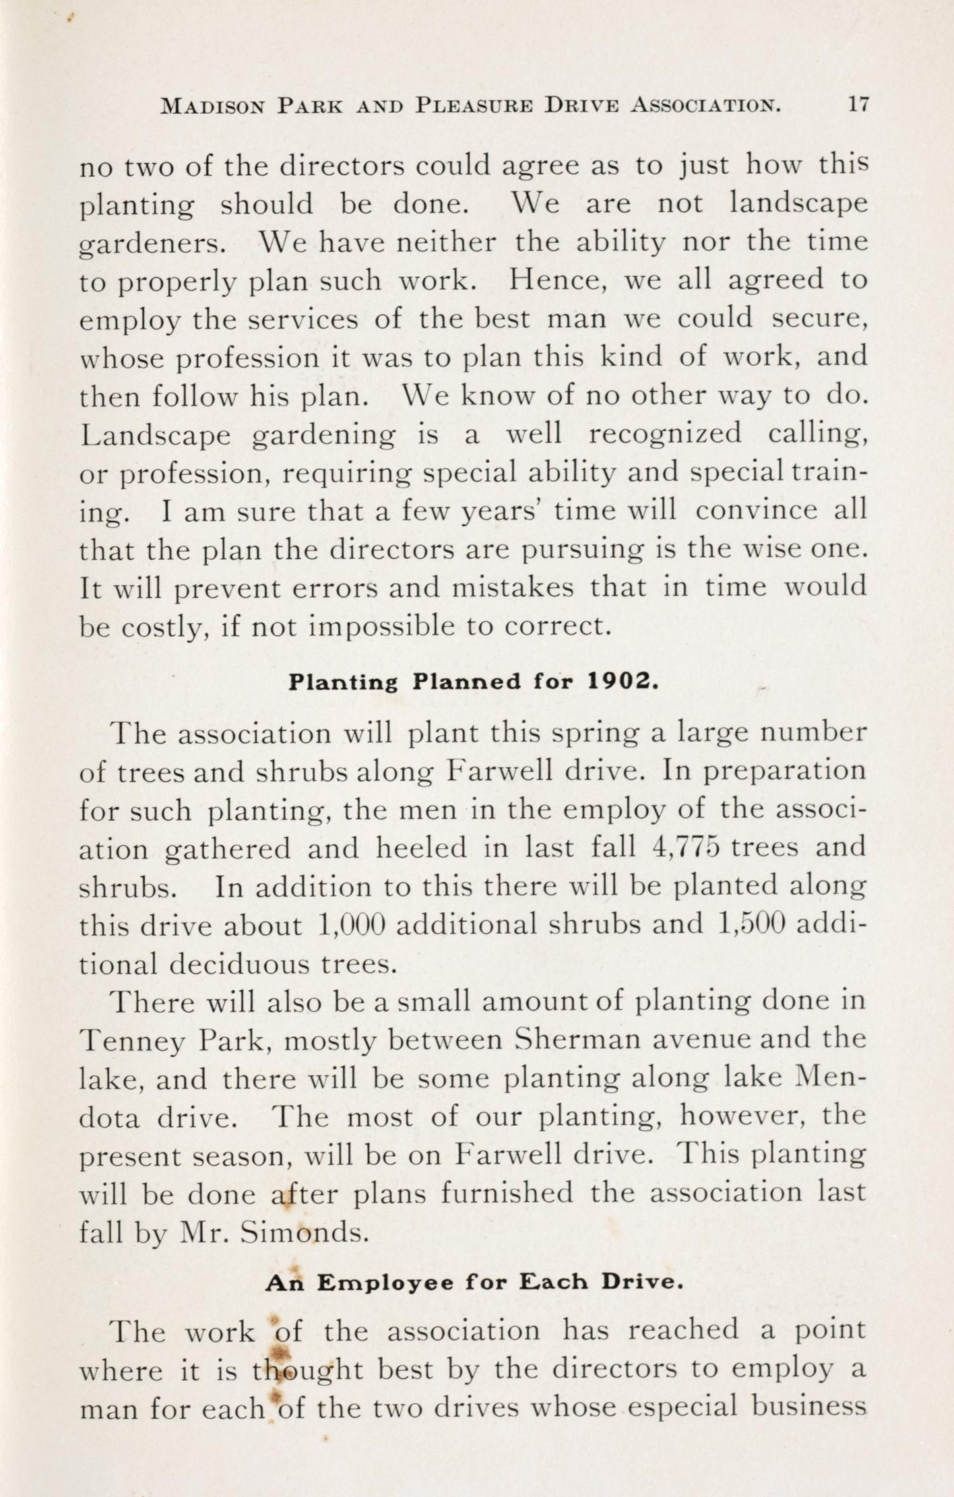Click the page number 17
(858, 106)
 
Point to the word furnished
(507, 1193)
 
